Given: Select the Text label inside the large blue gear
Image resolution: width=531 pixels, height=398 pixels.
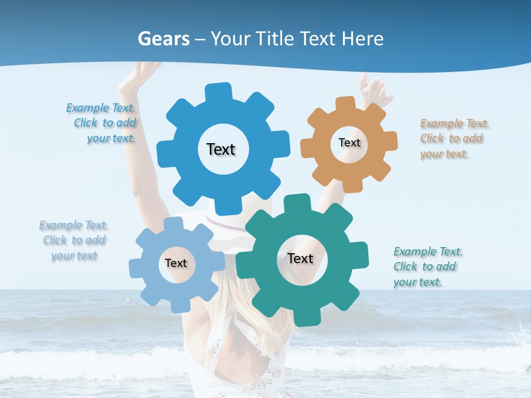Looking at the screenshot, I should pos(221,149).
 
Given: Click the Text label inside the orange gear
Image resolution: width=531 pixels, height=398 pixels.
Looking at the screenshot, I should pos(349,143).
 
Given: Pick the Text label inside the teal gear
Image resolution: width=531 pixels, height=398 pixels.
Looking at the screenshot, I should pos(300,258).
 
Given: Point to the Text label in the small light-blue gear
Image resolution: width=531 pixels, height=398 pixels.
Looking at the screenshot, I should pos(176,263).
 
